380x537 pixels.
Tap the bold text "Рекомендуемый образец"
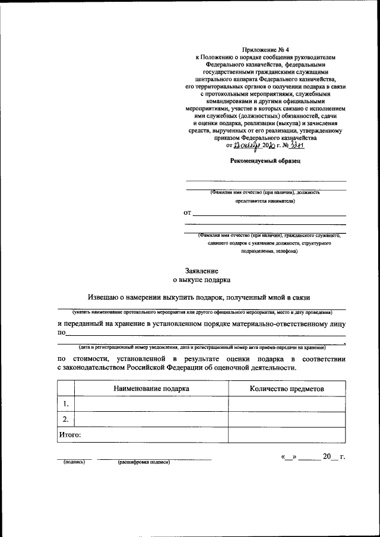click(x=265, y=161)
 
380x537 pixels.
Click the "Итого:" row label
click(x=69, y=435)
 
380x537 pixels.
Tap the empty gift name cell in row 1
click(x=151, y=404)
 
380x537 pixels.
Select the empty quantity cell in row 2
click(x=287, y=420)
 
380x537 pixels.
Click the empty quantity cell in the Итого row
click(x=287, y=435)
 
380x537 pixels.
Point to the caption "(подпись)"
click(x=74, y=462)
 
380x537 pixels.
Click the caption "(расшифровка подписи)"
click(x=144, y=462)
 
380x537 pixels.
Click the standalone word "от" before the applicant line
click(x=188, y=212)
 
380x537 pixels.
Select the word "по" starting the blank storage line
click(x=61, y=333)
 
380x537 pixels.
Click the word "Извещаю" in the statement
click(x=104, y=297)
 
